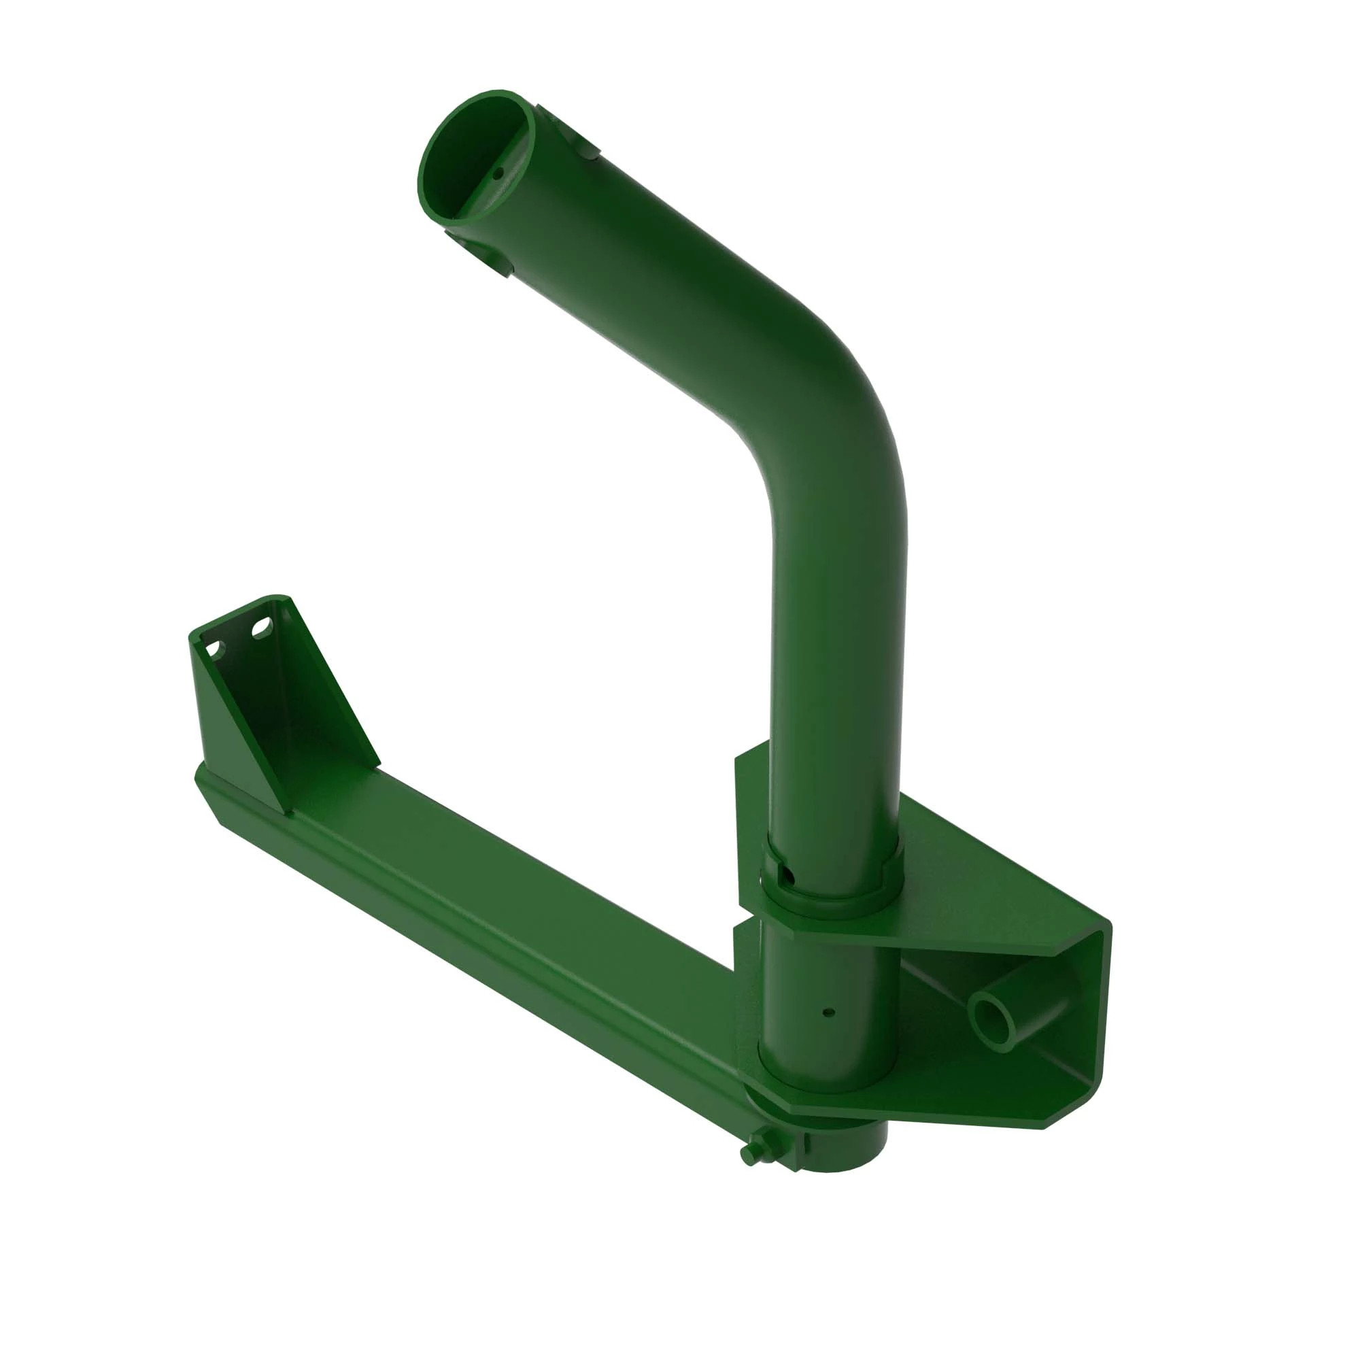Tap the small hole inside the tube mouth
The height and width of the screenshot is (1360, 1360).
498,171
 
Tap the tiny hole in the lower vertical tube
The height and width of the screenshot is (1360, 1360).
828,1013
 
